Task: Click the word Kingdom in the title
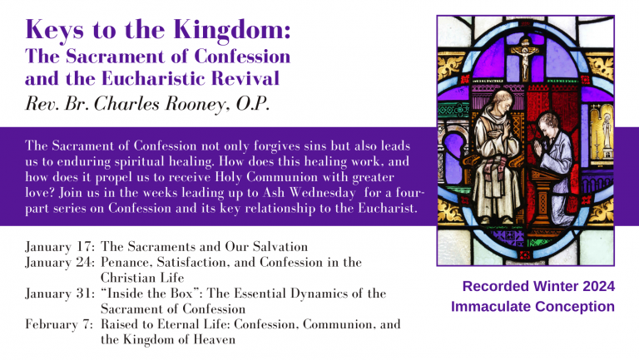pyautogui.click(x=231, y=30)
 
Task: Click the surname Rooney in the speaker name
pyautogui.click(x=195, y=104)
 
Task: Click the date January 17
pyautogui.click(x=60, y=247)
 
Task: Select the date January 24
pyautogui.click(x=60, y=262)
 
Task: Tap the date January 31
pyautogui.click(x=60, y=293)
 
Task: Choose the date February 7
pyautogui.click(x=59, y=324)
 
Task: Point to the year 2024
pyautogui.click(x=598, y=286)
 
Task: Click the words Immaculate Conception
pyautogui.click(x=532, y=306)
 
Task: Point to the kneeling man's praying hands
pyautogui.click(x=538, y=147)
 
